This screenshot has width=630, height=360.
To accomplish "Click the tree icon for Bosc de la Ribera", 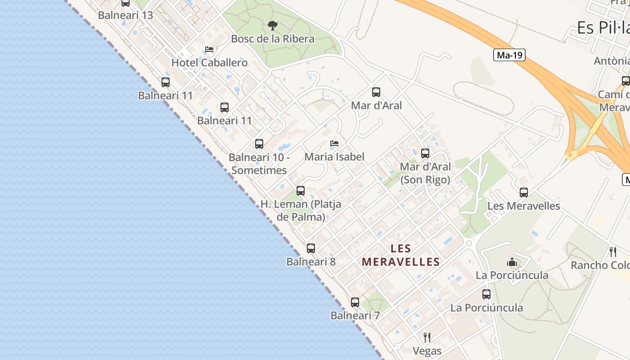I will click(x=272, y=26).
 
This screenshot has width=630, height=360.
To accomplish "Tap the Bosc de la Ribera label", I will click(x=273, y=39).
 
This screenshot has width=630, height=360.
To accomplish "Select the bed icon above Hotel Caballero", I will click(x=209, y=49).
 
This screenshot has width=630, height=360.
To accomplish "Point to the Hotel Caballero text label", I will click(x=210, y=63).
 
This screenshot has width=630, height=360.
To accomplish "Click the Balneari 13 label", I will click(x=126, y=15).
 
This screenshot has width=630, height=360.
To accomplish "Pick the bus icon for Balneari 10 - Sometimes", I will click(x=259, y=144).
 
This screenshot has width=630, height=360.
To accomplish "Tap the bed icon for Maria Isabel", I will click(x=334, y=144).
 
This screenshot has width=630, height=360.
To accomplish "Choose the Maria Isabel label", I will click(x=334, y=157).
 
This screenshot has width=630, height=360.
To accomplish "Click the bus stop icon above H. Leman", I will click(x=301, y=191).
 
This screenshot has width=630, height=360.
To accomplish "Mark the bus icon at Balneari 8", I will click(x=311, y=248).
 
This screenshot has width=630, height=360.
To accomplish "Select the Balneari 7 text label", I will click(x=355, y=315).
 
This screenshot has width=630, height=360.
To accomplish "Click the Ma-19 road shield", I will click(x=509, y=55).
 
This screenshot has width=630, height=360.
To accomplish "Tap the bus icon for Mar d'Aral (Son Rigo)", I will click(x=425, y=153).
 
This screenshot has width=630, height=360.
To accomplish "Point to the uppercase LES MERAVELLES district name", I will click(x=400, y=255).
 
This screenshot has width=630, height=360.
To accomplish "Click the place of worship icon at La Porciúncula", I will click(x=512, y=262).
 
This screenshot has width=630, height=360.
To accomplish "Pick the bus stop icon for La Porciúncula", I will click(x=486, y=294).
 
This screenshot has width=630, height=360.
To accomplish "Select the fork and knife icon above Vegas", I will click(x=427, y=337).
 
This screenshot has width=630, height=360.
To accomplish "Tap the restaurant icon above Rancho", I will click(x=613, y=252).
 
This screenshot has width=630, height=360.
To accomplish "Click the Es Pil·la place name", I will click(x=603, y=28).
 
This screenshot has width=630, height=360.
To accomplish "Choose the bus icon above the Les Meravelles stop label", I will click(x=524, y=193).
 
